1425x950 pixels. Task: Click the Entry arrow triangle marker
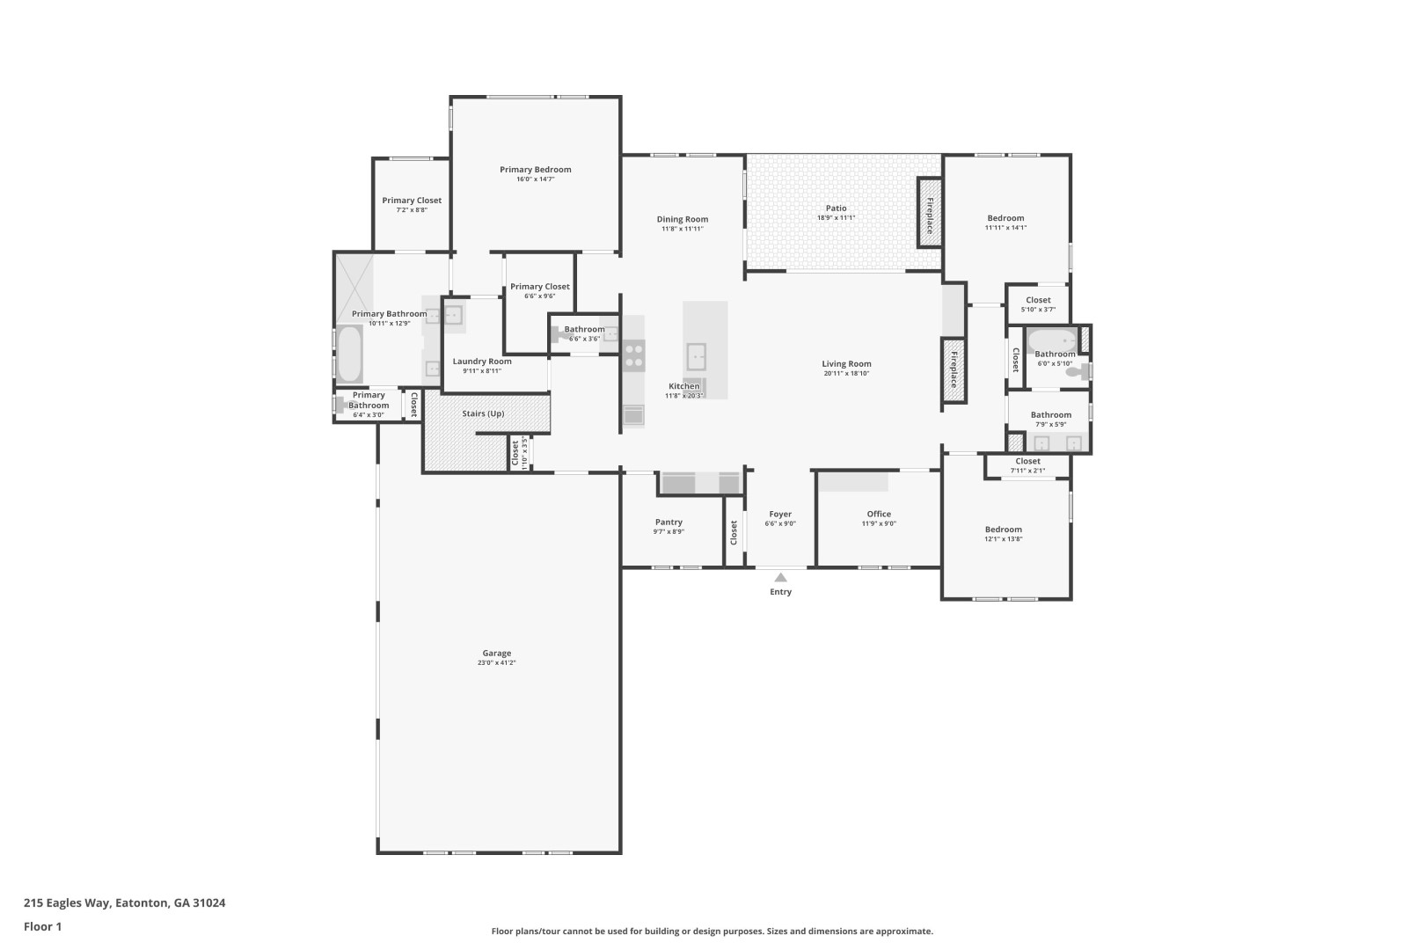tap(780, 577)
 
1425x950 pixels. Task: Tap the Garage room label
tap(497, 653)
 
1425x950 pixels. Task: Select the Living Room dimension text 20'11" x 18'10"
tap(846, 374)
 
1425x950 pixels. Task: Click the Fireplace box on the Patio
tap(930, 213)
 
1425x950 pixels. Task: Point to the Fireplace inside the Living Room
tap(954, 370)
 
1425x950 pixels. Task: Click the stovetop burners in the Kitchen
tap(633, 355)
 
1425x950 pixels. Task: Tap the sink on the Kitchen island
tap(696, 356)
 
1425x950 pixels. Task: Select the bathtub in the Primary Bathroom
tap(349, 354)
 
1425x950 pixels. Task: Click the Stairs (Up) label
tap(484, 413)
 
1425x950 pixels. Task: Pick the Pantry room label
tap(669, 522)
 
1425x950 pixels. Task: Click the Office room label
tap(879, 514)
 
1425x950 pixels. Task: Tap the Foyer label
tap(780, 514)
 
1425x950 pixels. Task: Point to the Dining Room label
tap(683, 219)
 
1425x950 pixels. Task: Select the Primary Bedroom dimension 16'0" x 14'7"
tap(536, 179)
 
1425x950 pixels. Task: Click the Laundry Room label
tap(482, 361)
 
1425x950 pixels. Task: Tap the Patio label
tap(837, 208)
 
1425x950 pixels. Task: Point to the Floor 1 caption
tap(42, 926)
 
